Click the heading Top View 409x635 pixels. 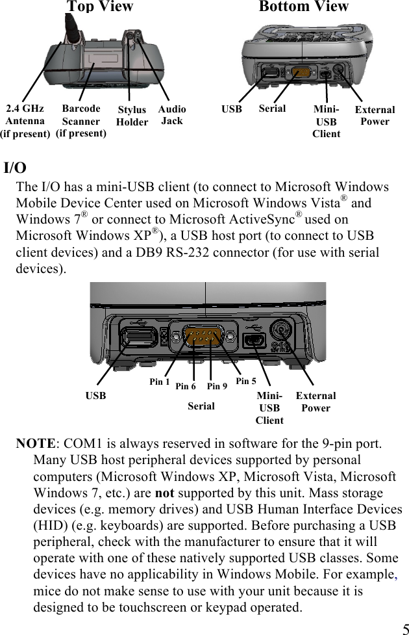100,7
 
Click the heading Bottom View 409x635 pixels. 303,7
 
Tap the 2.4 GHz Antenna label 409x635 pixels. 25,121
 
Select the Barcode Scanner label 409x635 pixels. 81,121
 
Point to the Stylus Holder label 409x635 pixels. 132,116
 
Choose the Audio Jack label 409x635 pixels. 172,115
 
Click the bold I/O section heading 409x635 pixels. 15,168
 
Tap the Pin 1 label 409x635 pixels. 160,382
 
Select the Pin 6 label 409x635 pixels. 186,386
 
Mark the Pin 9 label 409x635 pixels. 217,386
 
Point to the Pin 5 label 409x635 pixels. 246,381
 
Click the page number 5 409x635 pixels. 404,629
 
